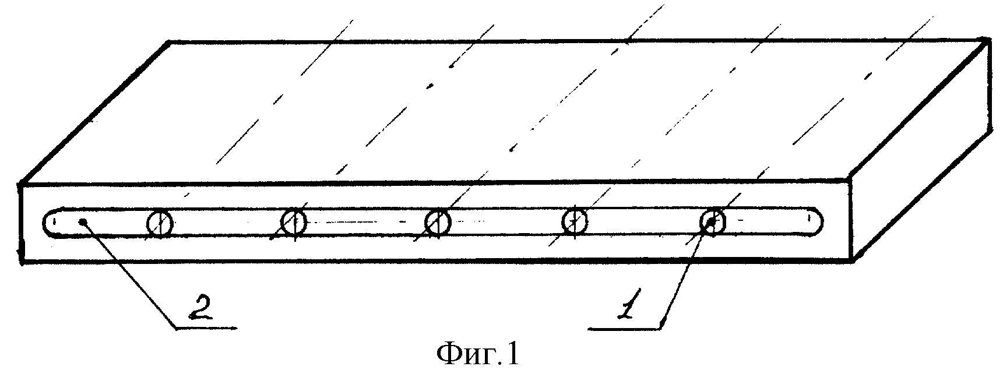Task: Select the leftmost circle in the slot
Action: pos(159,224)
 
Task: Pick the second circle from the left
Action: pos(294,221)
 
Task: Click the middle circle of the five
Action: pos(437,222)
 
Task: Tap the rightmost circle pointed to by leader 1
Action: pos(713,222)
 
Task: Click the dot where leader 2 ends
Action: pos(85,221)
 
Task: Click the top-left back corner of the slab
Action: pos(169,42)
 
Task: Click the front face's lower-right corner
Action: pos(852,260)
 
